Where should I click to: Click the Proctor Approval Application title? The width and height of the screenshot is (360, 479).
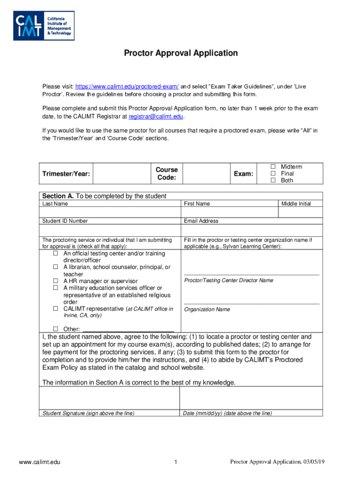[x=180, y=53]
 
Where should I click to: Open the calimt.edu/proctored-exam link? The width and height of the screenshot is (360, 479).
[x=127, y=87]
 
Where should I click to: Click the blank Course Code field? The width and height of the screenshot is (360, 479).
[x=205, y=174]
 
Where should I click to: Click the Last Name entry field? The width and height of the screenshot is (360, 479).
[x=110, y=212]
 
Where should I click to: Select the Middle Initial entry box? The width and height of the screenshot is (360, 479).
[x=301, y=212]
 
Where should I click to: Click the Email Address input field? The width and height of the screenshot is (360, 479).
[x=252, y=231]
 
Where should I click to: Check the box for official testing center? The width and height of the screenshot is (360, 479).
[x=55, y=254]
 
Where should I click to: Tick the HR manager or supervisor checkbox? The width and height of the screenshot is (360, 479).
[x=55, y=281]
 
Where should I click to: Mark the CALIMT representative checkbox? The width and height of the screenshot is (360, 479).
[x=55, y=309]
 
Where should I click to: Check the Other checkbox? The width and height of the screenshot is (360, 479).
[x=55, y=329]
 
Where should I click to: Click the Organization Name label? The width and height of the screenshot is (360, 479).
[x=207, y=310]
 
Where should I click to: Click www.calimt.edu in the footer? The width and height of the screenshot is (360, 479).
[x=40, y=463]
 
